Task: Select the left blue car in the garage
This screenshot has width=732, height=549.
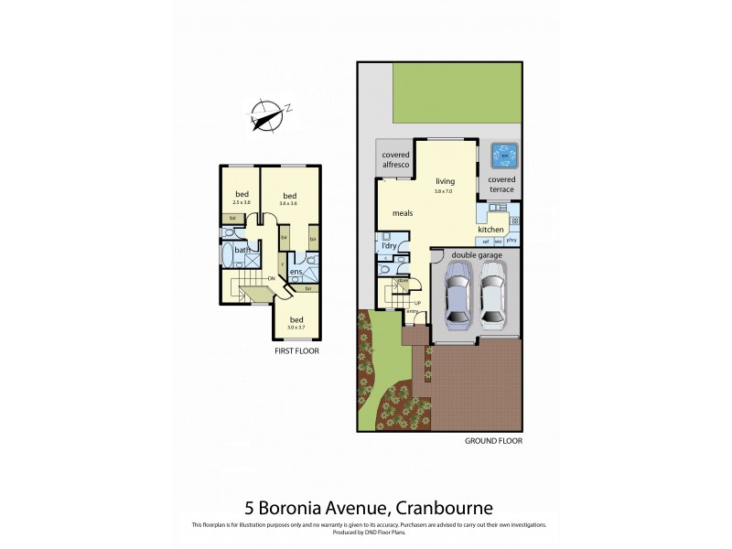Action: pos(457,295)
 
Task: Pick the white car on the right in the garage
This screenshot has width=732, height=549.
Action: pos(493,295)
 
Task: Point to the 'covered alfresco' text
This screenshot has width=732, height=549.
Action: pos(395,160)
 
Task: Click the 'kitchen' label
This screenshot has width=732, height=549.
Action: pos(491,229)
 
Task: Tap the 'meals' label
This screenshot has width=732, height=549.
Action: pos(404,212)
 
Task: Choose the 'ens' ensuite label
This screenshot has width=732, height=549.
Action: pos(296,272)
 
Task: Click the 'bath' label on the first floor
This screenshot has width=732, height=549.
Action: pos(242,250)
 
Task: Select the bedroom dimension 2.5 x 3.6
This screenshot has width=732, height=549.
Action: pos(242,203)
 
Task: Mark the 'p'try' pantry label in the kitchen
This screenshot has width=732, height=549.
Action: pos(511,240)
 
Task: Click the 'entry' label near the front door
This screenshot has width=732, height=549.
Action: pos(412,313)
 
